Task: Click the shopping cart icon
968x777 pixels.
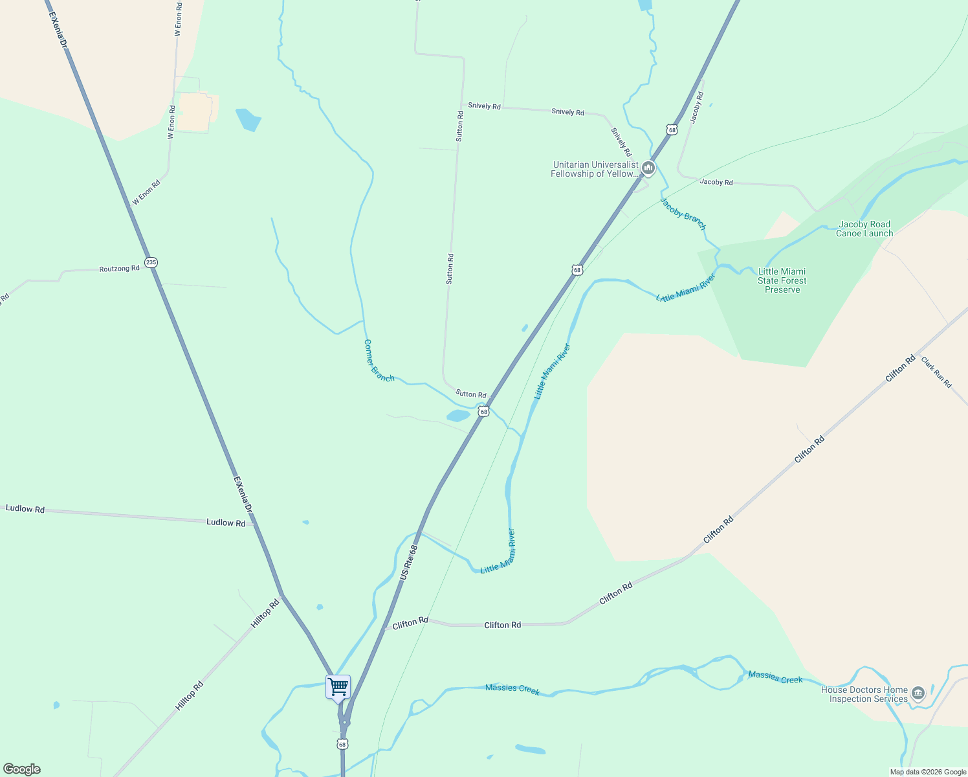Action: point(338,686)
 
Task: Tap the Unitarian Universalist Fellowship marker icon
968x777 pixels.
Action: point(648,168)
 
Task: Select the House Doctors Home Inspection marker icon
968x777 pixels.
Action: point(918,693)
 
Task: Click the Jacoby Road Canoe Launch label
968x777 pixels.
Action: point(864,229)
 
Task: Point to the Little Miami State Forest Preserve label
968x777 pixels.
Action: point(782,281)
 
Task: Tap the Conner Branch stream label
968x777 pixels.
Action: point(379,361)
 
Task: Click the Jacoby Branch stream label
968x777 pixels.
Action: point(683,214)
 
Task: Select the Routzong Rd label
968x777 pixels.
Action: point(119,268)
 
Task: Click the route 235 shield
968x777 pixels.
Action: point(151,262)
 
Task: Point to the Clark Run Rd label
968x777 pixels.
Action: point(936,372)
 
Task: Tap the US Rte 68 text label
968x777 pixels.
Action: point(409,561)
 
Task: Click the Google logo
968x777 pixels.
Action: point(22,769)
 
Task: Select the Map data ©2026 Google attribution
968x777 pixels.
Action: point(928,772)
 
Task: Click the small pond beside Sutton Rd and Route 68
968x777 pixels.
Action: point(457,416)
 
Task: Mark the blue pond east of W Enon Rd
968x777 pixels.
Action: point(248,120)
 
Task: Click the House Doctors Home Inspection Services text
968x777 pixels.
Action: point(864,695)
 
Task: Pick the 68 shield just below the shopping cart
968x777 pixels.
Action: point(342,744)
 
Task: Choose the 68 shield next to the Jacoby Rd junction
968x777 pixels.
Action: point(672,130)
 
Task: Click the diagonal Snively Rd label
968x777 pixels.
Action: point(621,142)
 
